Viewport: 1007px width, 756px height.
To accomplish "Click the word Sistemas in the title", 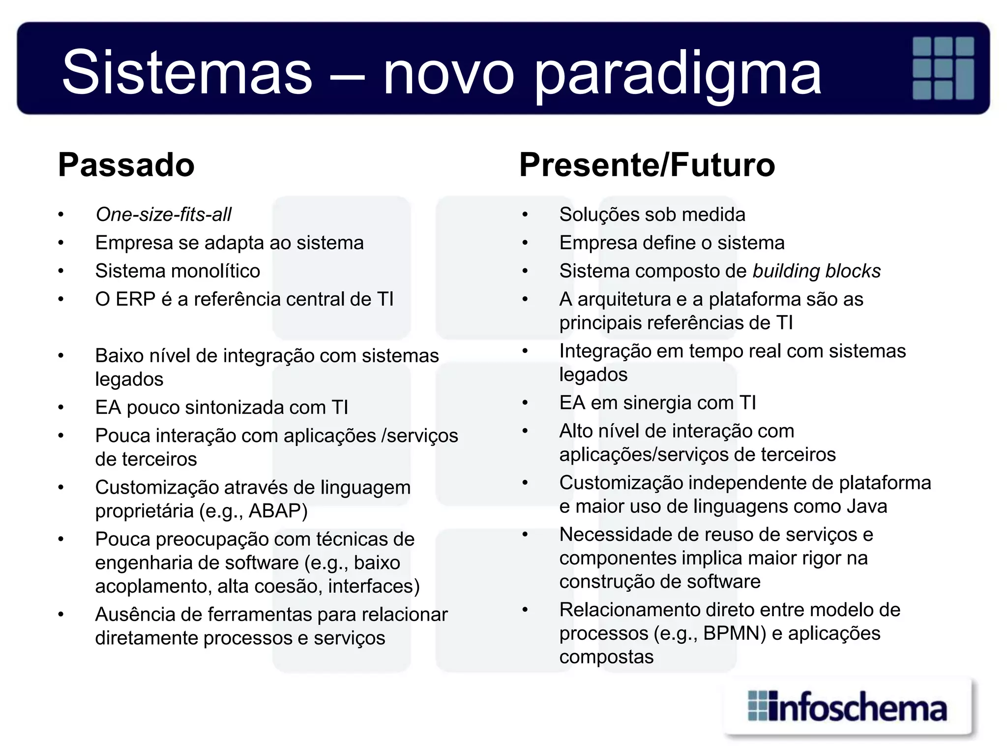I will [x=187, y=73].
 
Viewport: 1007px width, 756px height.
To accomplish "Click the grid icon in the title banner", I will [x=943, y=68].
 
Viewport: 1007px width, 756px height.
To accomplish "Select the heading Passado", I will [x=126, y=164].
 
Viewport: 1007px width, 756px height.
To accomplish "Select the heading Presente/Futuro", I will [x=647, y=164].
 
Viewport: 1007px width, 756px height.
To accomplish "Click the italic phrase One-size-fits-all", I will [x=163, y=215].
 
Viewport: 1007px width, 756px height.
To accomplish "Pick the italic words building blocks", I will [x=816, y=271].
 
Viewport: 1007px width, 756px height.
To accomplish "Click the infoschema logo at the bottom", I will [x=848, y=707].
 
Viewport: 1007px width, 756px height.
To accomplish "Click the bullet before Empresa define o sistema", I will [x=525, y=243].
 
